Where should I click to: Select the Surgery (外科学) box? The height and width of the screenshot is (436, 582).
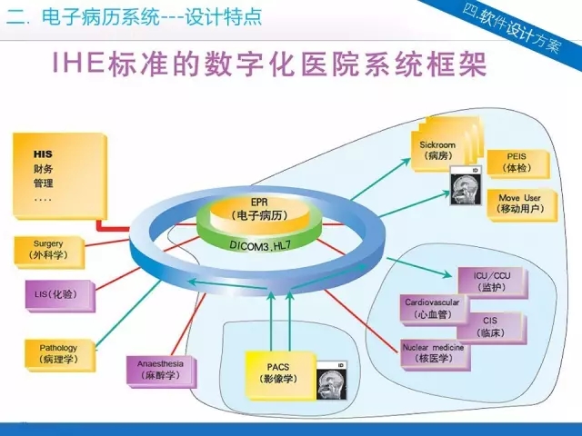(49, 252)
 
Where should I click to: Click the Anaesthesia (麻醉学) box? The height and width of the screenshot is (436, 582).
(161, 370)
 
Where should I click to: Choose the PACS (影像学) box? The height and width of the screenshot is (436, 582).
(278, 373)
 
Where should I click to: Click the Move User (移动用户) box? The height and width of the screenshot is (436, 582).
(519, 203)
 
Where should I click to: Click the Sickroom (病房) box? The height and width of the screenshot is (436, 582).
(436, 149)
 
